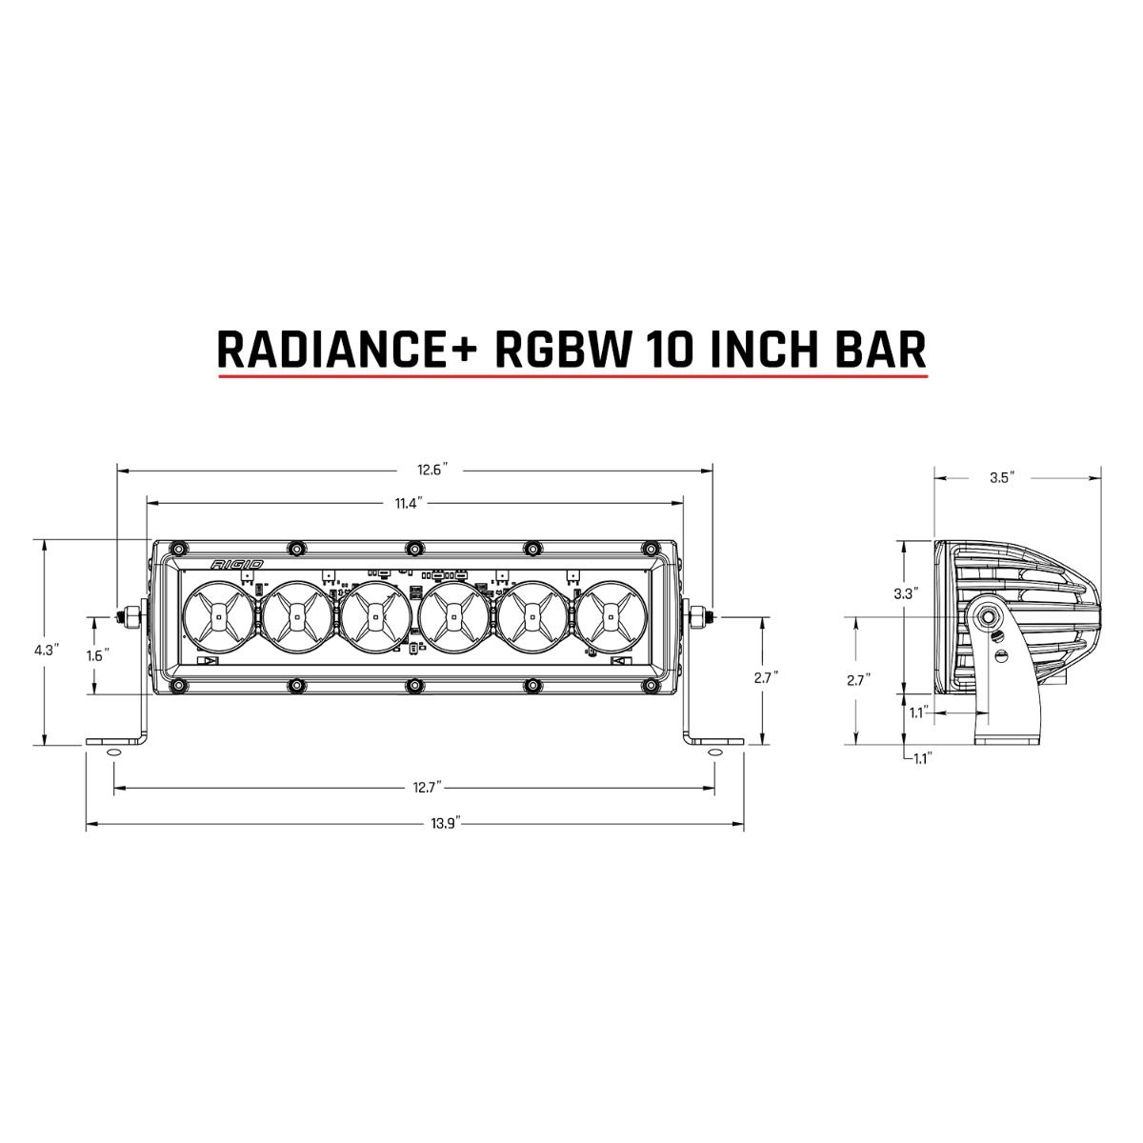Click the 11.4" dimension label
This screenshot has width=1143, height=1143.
(411, 504)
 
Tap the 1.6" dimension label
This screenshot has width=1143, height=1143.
(96, 655)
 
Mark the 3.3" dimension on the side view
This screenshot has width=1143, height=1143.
(906, 593)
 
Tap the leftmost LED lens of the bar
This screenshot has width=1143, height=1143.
(218, 617)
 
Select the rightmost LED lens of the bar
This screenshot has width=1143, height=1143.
(610, 617)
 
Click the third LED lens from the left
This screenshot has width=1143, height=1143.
(375, 617)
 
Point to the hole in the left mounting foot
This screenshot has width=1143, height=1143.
(113, 752)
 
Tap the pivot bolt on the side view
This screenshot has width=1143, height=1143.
(992, 617)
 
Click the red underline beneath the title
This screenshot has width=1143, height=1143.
(571, 378)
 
